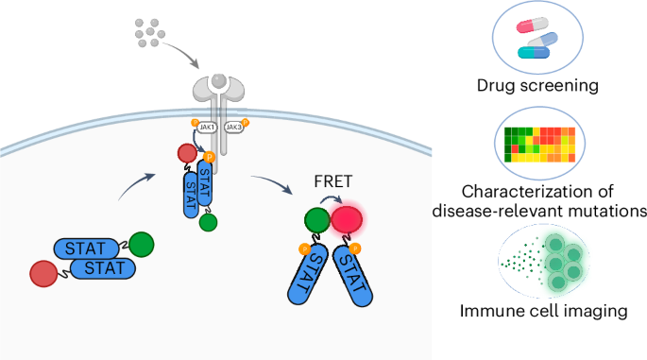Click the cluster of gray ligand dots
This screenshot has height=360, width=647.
(x=150, y=31)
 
